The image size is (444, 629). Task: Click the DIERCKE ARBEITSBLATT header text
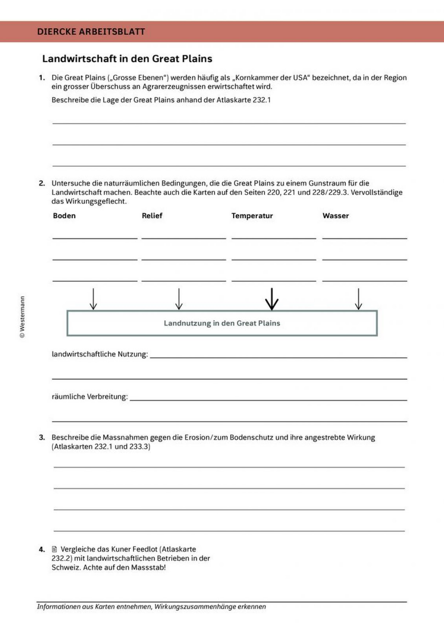point(91,32)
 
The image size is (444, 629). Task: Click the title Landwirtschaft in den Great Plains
point(127,59)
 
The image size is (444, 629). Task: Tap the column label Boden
point(64,216)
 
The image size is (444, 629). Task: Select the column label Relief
point(152,216)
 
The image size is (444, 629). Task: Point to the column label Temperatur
point(252,216)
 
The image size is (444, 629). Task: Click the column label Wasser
point(336,216)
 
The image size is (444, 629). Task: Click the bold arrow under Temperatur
point(272,299)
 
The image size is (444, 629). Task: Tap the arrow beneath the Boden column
point(93,299)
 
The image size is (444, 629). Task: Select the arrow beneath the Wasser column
point(358,299)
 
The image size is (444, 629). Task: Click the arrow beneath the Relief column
point(179,299)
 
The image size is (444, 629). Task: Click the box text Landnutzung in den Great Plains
point(222,323)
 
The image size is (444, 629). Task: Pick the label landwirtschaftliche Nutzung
point(99,354)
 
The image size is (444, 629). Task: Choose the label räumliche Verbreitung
point(90,397)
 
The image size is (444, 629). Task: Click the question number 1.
point(42,78)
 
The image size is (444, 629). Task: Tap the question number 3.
point(42,438)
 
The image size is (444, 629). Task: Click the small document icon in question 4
point(55,549)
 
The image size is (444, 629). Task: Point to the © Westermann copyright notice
point(22,317)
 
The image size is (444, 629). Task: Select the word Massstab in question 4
point(148,567)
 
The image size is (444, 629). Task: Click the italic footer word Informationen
point(59,607)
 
